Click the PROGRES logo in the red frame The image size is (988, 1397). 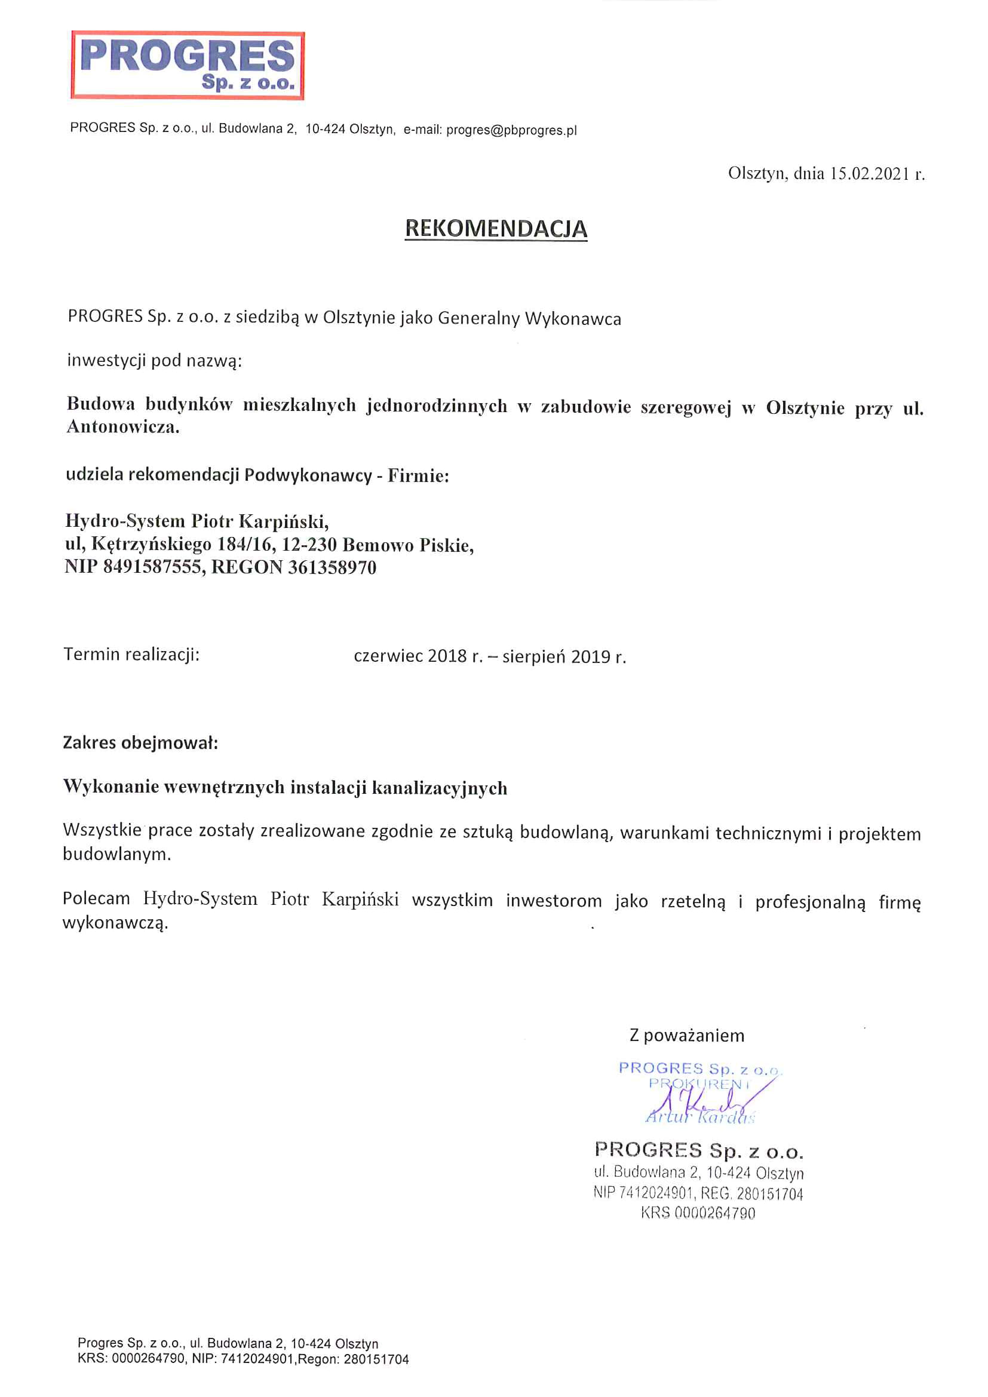(188, 65)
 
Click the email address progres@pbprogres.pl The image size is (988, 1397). (511, 130)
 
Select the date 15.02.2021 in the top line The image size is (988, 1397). (869, 174)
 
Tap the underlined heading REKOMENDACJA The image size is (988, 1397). (496, 229)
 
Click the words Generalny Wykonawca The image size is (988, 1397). (529, 318)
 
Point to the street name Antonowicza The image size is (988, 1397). (123, 427)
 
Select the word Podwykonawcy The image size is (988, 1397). (308, 475)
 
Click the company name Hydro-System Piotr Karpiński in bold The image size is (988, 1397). (197, 521)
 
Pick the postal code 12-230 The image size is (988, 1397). (309, 545)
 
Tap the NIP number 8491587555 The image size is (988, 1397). (152, 567)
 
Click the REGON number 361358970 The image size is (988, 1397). (332, 567)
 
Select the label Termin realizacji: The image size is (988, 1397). (131, 655)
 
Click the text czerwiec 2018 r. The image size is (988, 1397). (418, 656)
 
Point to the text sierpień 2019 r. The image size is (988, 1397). (564, 656)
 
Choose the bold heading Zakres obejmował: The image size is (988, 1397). (140, 743)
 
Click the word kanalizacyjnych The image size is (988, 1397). (439, 788)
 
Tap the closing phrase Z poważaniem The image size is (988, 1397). (686, 1036)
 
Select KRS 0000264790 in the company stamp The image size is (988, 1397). (698, 1213)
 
